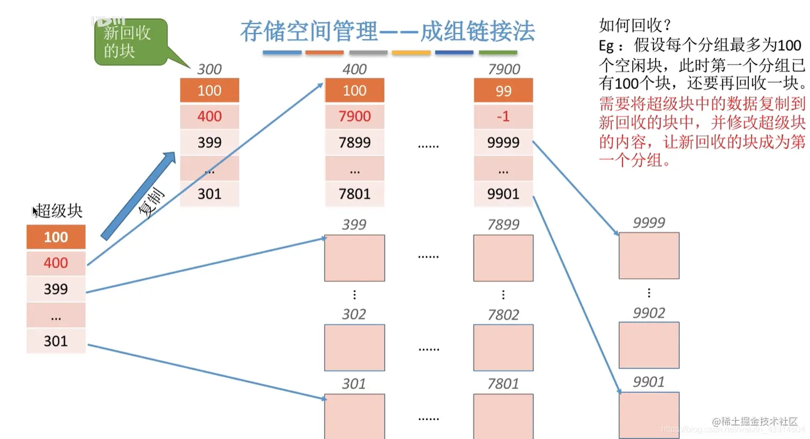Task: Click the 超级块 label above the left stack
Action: (x=59, y=211)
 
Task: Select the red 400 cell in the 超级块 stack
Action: (x=56, y=263)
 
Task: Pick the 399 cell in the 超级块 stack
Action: (x=56, y=289)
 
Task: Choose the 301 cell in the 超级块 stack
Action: (x=56, y=341)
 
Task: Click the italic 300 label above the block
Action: (x=209, y=69)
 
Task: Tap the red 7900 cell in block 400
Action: (x=354, y=116)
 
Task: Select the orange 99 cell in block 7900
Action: (x=503, y=91)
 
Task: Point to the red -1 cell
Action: (x=503, y=116)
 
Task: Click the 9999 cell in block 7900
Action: (x=503, y=143)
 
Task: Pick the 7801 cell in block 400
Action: (x=354, y=194)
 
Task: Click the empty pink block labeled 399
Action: (x=354, y=258)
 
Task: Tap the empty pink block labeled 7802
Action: (x=503, y=347)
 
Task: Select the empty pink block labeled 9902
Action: (x=649, y=345)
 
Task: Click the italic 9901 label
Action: (x=648, y=382)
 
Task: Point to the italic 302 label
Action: (x=354, y=314)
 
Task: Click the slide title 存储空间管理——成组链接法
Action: (x=387, y=32)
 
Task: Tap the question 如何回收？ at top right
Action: (x=635, y=25)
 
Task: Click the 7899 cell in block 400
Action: (x=354, y=143)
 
